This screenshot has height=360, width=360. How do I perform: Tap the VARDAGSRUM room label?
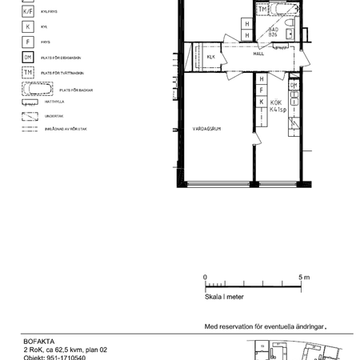pyautogui.click(x=206, y=128)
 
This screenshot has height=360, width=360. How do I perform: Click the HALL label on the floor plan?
pyautogui.click(x=258, y=55)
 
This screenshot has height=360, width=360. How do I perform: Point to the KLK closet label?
pyautogui.click(x=211, y=58)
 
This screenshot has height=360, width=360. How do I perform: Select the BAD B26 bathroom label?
pyautogui.click(x=273, y=32)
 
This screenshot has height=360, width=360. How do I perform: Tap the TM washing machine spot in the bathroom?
pyautogui.click(x=262, y=10)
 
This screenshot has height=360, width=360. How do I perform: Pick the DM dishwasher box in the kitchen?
pyautogui.click(x=294, y=86)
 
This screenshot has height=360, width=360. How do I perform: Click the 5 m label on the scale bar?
pyautogui.click(x=304, y=278)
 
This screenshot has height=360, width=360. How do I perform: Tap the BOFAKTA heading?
pyautogui.click(x=40, y=341)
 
